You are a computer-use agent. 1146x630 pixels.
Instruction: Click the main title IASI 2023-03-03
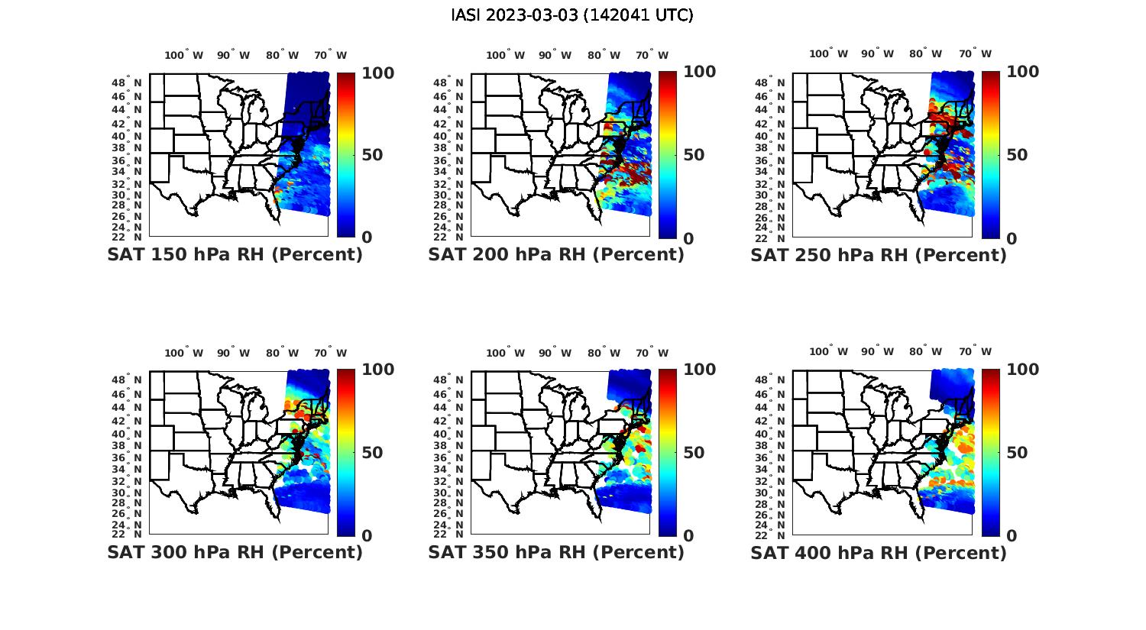tap(572, 15)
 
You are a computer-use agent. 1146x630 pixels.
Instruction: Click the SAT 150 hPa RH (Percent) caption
tap(235, 255)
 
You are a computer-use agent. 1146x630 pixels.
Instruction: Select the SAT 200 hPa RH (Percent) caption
tap(556, 255)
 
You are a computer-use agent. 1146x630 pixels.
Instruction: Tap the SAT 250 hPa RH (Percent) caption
tap(879, 255)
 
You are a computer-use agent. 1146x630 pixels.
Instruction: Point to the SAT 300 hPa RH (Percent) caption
tap(235, 552)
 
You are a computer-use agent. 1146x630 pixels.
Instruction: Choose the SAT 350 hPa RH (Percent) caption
tap(556, 552)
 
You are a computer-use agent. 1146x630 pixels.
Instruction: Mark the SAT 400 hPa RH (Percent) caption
tap(879, 552)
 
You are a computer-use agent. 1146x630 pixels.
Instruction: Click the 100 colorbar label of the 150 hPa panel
tap(377, 73)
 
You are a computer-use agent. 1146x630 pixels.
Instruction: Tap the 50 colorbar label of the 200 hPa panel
tap(694, 155)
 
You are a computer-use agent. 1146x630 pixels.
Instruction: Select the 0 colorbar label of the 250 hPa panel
tap(1012, 238)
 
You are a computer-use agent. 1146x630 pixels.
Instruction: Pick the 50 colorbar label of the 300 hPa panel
tap(372, 453)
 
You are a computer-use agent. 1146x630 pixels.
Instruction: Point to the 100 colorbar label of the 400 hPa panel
tap(1022, 370)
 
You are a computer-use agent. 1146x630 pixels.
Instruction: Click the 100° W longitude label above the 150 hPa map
tap(184, 55)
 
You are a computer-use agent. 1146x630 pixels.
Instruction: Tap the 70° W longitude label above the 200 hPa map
tap(649, 55)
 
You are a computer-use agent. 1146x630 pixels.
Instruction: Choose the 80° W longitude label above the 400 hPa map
tap(925, 352)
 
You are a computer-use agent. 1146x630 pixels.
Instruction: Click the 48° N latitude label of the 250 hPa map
tap(777, 82)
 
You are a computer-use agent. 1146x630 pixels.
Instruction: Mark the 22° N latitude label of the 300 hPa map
tap(133, 534)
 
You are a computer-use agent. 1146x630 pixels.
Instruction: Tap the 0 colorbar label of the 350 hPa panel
tap(688, 536)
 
